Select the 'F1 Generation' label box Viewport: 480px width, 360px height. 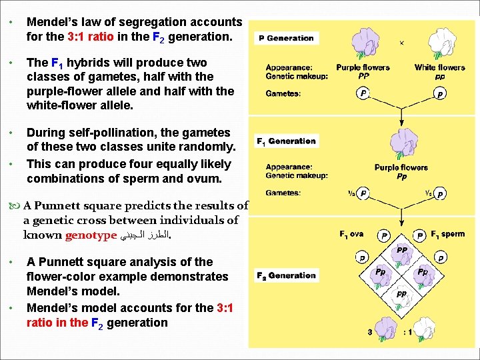point(286,141)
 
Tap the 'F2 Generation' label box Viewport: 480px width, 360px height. point(286,275)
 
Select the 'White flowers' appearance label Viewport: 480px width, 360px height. point(439,67)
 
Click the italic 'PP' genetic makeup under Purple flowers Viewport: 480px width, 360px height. point(363,76)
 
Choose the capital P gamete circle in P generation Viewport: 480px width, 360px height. point(363,94)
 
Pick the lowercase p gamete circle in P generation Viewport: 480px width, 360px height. point(439,95)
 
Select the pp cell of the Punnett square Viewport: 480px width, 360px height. point(402,293)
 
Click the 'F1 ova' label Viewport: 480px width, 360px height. point(351,234)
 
